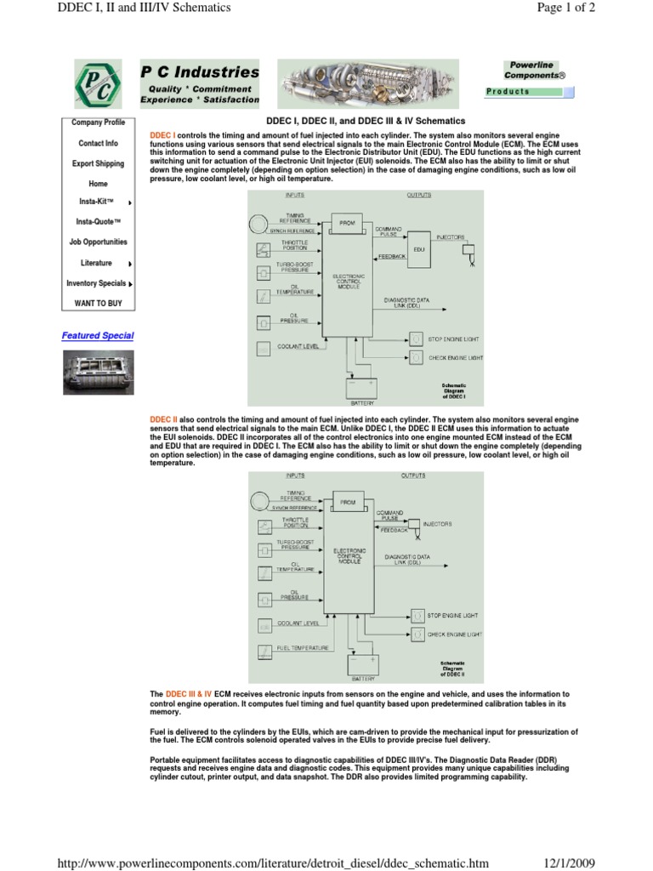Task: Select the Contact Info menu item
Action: click(x=98, y=144)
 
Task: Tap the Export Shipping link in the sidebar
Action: click(x=98, y=163)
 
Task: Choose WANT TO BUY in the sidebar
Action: click(x=98, y=303)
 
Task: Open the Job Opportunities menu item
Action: click(x=98, y=242)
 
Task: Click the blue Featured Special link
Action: click(x=98, y=336)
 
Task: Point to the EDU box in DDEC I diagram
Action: click(x=418, y=250)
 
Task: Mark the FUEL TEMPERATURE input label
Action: click(x=303, y=648)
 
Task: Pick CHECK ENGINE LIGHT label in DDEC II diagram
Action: click(x=455, y=635)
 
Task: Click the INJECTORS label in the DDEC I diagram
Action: click(x=450, y=237)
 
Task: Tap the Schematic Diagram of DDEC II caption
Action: click(x=452, y=669)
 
